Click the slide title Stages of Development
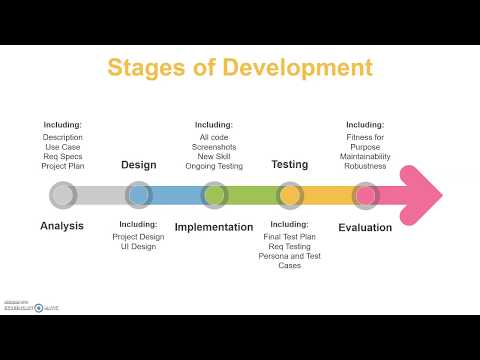pyautogui.click(x=240, y=68)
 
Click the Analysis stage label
pyautogui.click(x=62, y=226)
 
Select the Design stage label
pyautogui.click(x=139, y=165)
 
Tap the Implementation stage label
pyautogui.click(x=214, y=227)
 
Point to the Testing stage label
pyautogui.click(x=289, y=165)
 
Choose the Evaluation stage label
pyautogui.click(x=365, y=227)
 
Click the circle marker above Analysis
pyautogui.click(x=62, y=194)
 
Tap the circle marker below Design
pyautogui.click(x=139, y=194)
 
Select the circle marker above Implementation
pyautogui.click(x=214, y=194)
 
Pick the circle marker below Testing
pyautogui.click(x=289, y=194)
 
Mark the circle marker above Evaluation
pyautogui.click(x=365, y=194)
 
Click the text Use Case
pyautogui.click(x=63, y=146)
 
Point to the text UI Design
pyautogui.click(x=138, y=247)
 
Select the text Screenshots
pyautogui.click(x=214, y=146)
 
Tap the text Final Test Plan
pyautogui.click(x=290, y=236)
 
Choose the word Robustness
pyautogui.click(x=365, y=165)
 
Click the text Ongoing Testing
pyautogui.click(x=214, y=165)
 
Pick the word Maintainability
pyautogui.click(x=365, y=155)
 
